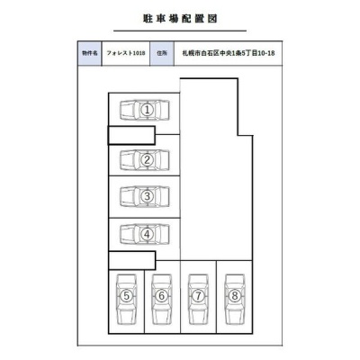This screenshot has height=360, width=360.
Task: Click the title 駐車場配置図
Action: [180, 19]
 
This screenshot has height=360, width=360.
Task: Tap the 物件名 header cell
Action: [90, 53]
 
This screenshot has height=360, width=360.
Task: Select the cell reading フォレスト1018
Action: [126, 53]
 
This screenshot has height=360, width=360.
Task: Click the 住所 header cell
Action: [162, 53]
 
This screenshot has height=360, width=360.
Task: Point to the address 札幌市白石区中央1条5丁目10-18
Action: [229, 53]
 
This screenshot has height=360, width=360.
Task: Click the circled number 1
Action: [147, 110]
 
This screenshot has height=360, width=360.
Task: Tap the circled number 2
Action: [147, 160]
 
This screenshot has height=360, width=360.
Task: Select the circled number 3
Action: [147, 196]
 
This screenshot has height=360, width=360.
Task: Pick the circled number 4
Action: [147, 234]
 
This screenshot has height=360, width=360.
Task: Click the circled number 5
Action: [127, 296]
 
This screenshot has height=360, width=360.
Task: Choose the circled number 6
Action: [162, 296]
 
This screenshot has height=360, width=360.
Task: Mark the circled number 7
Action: [198, 296]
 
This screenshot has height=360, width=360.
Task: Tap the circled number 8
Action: [235, 296]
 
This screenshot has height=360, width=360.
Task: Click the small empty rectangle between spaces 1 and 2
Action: [131, 136]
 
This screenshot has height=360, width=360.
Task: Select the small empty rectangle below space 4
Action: [132, 260]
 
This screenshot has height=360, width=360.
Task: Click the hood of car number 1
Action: [127, 110]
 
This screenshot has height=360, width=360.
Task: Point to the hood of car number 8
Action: [235, 316]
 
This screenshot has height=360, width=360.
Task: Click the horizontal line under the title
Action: [180, 31]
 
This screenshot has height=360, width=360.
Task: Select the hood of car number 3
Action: [127, 196]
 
